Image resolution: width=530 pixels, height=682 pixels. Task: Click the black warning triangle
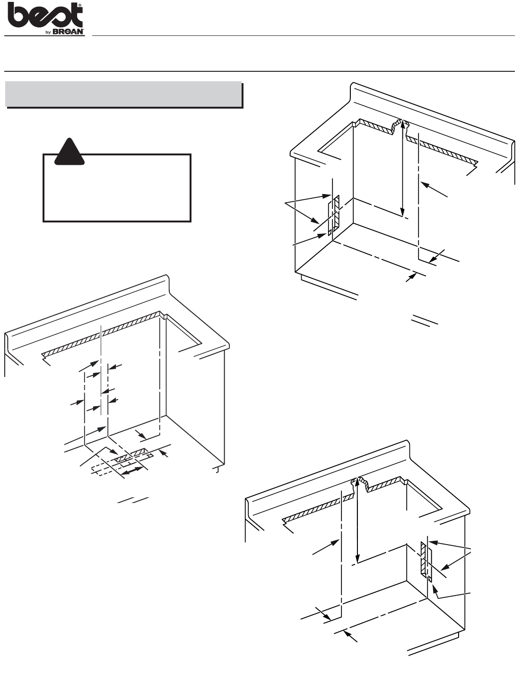point(70,152)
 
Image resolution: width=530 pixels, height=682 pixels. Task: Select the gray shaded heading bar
point(123,94)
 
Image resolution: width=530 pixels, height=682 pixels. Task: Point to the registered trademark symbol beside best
point(80,6)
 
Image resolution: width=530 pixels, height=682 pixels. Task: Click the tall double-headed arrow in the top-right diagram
point(402,168)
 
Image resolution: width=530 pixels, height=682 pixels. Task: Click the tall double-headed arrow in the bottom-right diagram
point(357,520)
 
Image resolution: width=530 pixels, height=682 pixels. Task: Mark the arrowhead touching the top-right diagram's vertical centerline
point(425,185)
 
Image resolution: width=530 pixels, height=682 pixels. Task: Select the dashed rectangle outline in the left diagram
point(122,466)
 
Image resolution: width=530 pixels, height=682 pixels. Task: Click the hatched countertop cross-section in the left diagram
point(102,333)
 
